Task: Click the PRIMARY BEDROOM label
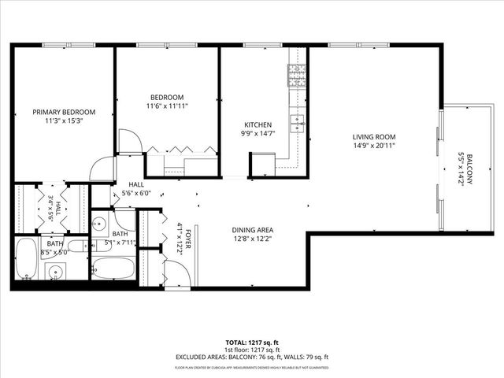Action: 64,113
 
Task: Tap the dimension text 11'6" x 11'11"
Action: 167,106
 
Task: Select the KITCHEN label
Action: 258,125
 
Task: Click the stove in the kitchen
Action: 297,76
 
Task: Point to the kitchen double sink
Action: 297,122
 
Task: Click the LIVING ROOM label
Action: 373,135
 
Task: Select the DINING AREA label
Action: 252,230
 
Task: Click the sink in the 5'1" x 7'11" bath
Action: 98,224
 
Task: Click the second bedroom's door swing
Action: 130,141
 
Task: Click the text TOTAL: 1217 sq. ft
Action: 252,343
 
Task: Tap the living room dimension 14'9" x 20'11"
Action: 373,145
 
